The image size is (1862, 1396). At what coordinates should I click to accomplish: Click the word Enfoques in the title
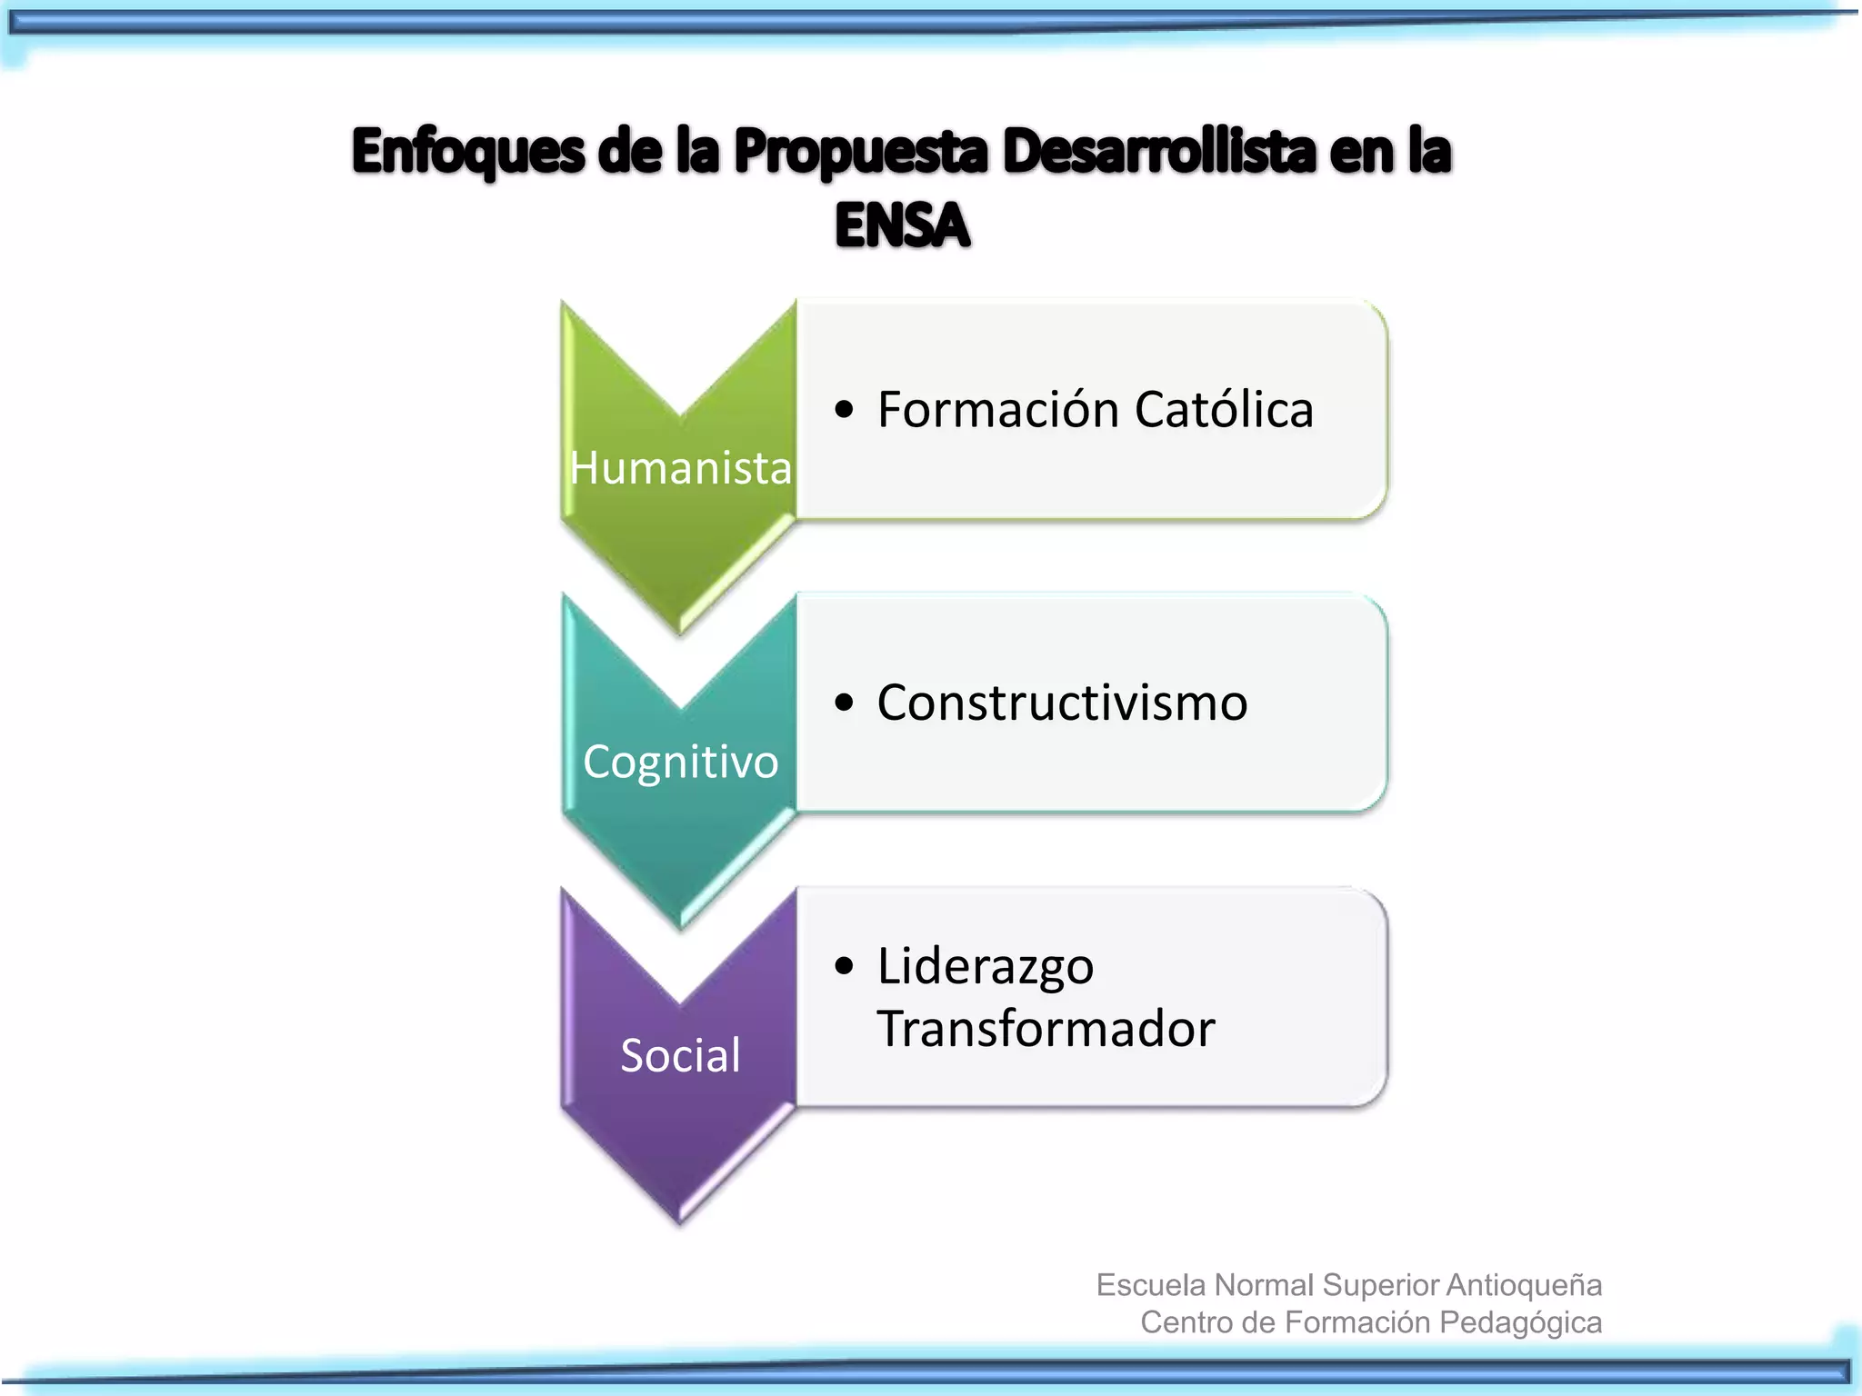coord(468,151)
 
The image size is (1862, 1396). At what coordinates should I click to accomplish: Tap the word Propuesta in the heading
coord(860,151)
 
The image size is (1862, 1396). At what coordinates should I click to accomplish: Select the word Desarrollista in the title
coord(1158,151)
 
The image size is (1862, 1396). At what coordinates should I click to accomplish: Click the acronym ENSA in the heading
coord(902,225)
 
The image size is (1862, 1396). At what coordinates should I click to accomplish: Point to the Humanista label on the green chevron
coord(680,468)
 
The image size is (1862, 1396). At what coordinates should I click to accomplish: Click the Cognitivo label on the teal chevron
coord(680,762)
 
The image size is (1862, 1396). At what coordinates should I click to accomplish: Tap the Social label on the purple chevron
coord(680,1055)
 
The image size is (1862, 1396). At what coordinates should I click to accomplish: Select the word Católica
coord(1224,409)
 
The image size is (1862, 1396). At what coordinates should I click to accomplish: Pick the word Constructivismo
coord(1062,703)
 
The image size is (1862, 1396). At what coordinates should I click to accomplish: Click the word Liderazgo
coord(986,965)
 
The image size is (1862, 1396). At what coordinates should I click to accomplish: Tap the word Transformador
coord(1046,1029)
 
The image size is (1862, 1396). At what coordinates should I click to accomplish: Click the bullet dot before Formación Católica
coord(845,410)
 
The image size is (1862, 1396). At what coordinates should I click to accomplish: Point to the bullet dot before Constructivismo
coord(845,703)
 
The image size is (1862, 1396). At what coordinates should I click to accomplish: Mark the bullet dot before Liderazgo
coord(845,966)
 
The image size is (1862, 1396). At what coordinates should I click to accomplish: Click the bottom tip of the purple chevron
coord(680,1219)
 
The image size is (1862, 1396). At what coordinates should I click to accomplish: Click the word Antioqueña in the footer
coord(1524,1285)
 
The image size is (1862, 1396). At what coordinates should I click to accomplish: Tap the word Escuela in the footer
coord(1151,1285)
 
